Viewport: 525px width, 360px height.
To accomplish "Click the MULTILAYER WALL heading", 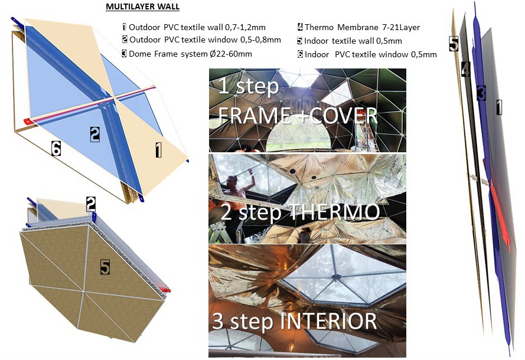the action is coord(143,6).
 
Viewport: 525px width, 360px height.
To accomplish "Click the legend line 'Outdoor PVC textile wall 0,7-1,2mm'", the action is coord(194,27).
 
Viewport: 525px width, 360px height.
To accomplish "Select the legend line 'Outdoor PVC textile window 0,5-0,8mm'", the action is coord(201,40).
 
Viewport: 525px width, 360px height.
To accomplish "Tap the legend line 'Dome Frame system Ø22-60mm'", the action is coord(187,54).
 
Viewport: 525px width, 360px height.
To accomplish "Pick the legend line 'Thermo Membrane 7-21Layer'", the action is coord(358,27).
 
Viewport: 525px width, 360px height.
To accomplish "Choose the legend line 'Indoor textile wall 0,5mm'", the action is coord(350,41).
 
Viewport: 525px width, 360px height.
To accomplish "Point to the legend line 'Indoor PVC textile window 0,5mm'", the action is coord(367,54).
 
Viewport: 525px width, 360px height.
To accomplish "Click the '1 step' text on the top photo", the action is coord(248,86).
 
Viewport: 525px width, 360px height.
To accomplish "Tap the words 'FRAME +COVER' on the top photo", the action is coord(298,116).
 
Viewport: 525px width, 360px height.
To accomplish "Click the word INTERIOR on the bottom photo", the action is coord(328,320).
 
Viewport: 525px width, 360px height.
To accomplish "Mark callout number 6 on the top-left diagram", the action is coord(56,148).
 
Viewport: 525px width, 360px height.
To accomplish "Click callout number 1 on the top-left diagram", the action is coord(158,150).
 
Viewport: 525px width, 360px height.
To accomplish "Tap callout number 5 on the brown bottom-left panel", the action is coord(105,267).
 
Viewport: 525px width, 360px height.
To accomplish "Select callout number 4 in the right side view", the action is coord(465,69).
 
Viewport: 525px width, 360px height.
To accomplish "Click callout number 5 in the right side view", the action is coord(454,44).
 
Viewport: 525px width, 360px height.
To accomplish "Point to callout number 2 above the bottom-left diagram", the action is coord(91,204).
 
